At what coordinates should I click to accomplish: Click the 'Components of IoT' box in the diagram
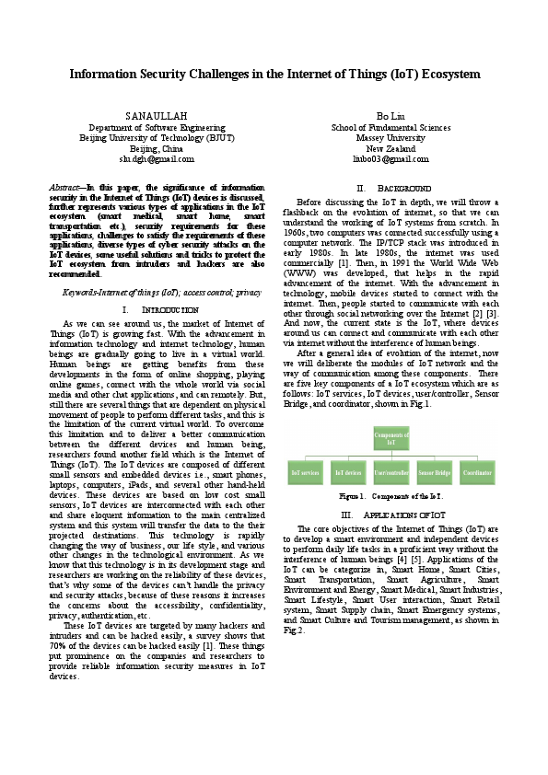click(x=391, y=438)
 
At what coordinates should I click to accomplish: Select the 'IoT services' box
click(x=305, y=471)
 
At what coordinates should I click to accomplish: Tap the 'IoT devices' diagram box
click(x=348, y=471)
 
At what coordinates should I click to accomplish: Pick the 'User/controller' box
click(x=391, y=471)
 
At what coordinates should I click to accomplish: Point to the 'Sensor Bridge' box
click(x=434, y=471)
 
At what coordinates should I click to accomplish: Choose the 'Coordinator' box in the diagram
click(x=477, y=471)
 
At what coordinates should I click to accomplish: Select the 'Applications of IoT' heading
click(x=391, y=515)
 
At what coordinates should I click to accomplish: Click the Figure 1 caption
click(x=391, y=495)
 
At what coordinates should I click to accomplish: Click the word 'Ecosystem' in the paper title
click(x=440, y=73)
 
